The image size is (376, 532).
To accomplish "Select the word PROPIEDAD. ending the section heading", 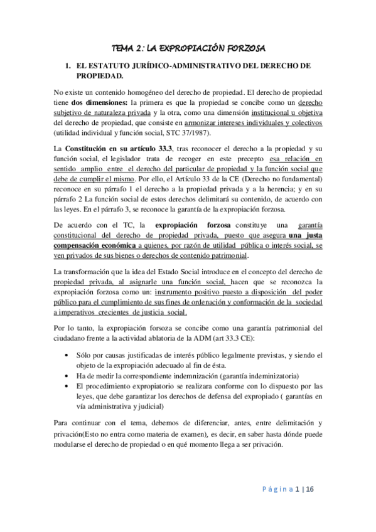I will coord(98,76).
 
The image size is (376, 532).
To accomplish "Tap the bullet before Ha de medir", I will coord(67,375).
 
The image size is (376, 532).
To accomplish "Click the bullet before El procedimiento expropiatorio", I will coord(67,386).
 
